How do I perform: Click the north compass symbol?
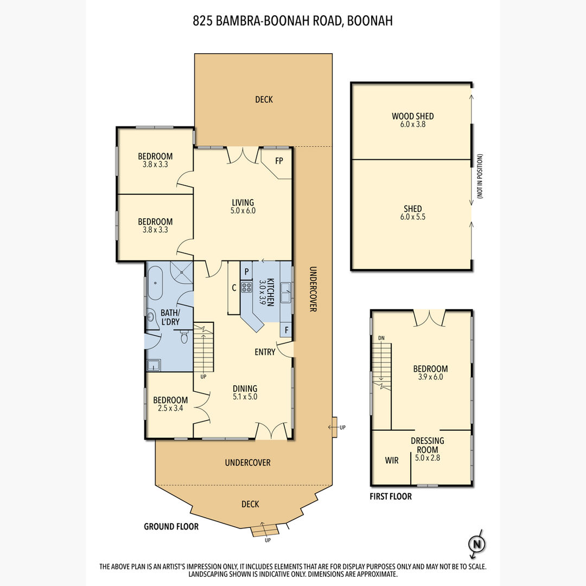point(477,544)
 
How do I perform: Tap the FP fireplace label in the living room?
point(279,161)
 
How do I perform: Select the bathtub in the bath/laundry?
point(155,283)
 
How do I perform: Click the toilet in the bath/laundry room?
point(184,336)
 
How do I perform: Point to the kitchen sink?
point(286,292)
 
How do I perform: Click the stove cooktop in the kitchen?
point(246,287)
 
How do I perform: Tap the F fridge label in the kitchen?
point(286,330)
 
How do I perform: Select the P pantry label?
point(247,272)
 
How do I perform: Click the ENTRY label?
point(265,352)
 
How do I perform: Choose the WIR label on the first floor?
point(392,461)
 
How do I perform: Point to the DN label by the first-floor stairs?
point(381,338)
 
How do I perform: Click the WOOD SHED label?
point(412,116)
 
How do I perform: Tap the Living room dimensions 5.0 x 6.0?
point(243,211)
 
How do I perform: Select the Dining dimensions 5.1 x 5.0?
point(245,397)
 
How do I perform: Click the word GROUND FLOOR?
point(171,526)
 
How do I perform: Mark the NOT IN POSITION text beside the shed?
point(480,176)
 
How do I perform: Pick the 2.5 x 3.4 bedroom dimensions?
point(170,408)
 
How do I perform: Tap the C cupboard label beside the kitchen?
point(234,288)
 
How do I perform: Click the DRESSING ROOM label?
point(428,445)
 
